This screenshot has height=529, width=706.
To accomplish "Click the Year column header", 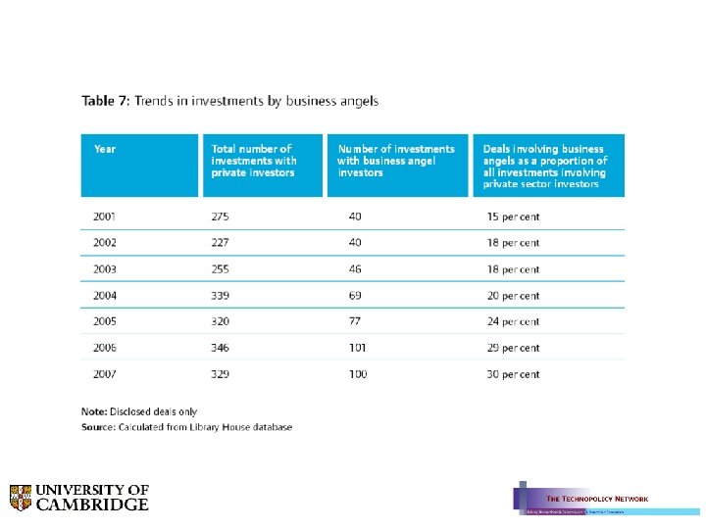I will point(105,149).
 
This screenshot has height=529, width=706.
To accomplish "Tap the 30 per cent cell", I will point(513,374).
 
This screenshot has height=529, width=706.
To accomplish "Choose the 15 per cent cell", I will point(513,216).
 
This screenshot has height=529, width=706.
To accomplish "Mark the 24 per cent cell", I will point(513,321).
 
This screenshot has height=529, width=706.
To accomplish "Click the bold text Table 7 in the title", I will point(104,101).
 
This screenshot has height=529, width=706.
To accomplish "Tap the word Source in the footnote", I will point(98,427).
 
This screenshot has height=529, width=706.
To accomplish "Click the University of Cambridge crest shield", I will point(21,498).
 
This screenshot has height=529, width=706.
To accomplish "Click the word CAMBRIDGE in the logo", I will point(93,505).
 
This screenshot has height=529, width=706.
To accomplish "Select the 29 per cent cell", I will point(513,348).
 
